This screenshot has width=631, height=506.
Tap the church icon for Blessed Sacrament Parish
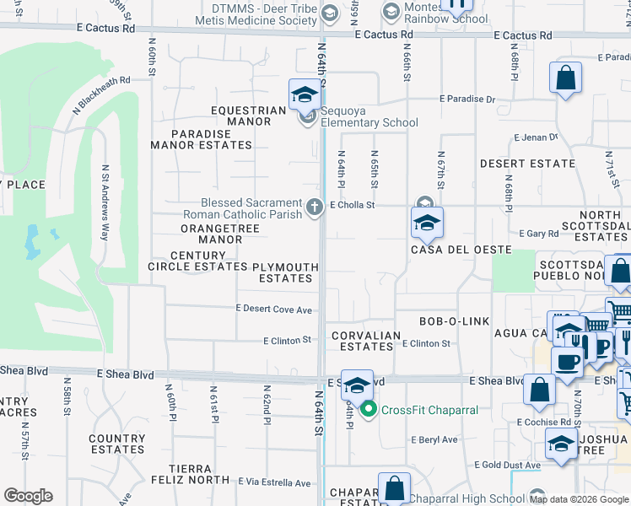(315, 207)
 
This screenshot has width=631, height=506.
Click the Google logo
(28, 496)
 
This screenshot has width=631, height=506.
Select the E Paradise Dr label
(467, 99)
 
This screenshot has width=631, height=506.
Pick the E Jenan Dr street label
(537, 137)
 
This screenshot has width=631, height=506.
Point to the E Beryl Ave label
(434, 439)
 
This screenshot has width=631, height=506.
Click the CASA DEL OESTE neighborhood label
(461, 250)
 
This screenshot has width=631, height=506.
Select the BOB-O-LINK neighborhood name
(455, 321)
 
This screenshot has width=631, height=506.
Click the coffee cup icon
(567, 361)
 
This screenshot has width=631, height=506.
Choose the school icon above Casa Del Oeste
(427, 223)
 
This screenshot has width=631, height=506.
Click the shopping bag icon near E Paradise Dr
(566, 78)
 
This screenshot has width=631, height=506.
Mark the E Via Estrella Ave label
(275, 483)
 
